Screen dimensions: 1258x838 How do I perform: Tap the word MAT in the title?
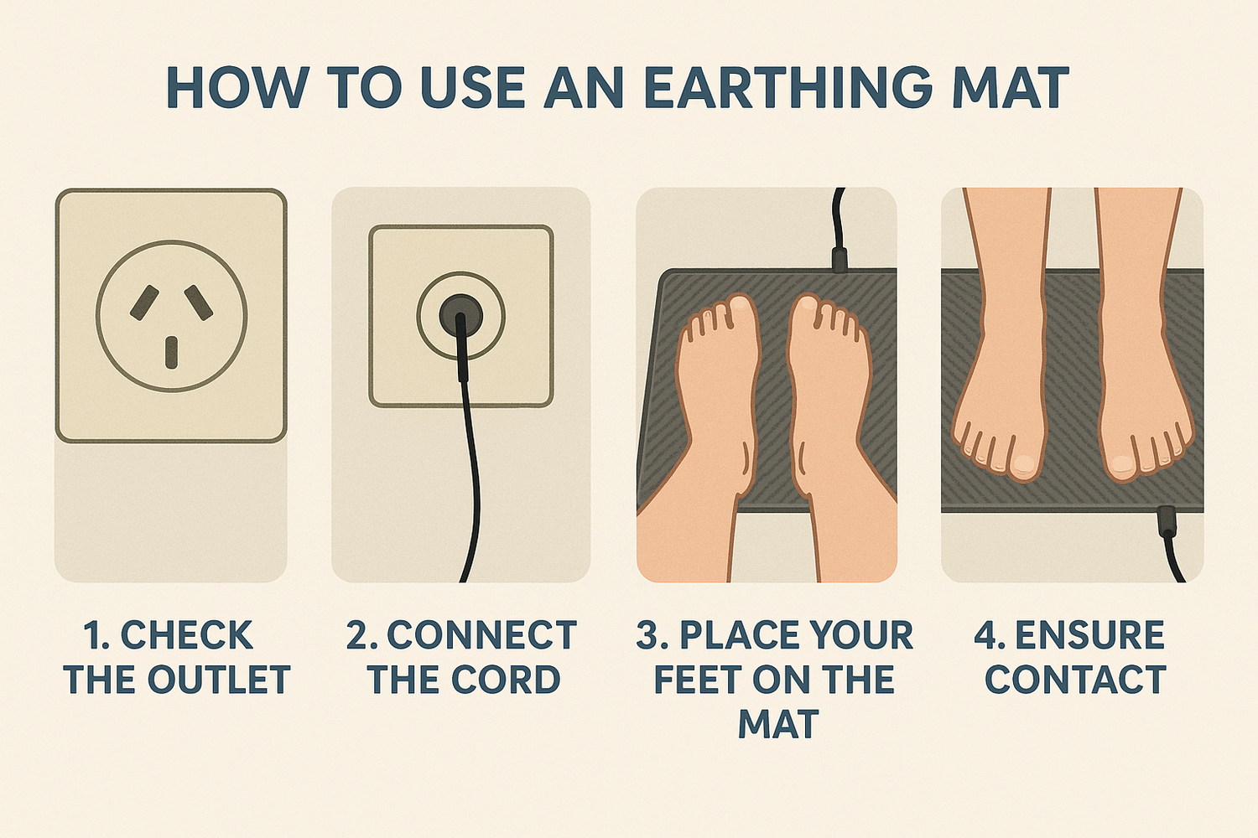tap(1006, 89)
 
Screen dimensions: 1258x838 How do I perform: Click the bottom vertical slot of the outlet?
tap(171, 353)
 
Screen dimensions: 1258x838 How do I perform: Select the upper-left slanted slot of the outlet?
tap(144, 303)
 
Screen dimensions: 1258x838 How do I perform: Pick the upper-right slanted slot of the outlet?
tap(199, 303)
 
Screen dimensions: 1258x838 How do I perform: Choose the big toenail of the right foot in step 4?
tap(1120, 463)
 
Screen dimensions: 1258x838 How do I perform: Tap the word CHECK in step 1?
tap(186, 636)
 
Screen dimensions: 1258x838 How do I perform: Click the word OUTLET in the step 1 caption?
tap(219, 679)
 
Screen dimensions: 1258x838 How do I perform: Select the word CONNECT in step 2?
tap(481, 636)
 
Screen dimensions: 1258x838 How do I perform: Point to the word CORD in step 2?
tap(506, 679)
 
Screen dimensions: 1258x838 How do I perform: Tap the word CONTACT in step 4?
tap(1075, 679)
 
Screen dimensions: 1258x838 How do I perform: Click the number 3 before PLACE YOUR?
tap(648, 636)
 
